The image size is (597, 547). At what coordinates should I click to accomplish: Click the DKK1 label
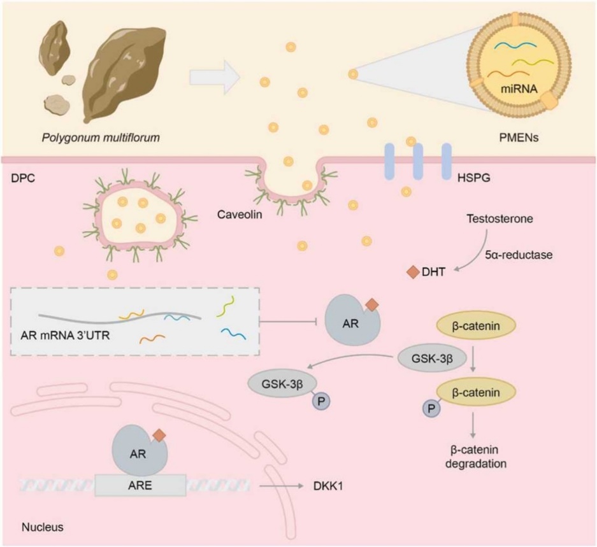(326, 485)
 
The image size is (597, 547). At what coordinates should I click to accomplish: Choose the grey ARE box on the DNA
(141, 485)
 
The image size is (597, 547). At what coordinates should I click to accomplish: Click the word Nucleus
(42, 527)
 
